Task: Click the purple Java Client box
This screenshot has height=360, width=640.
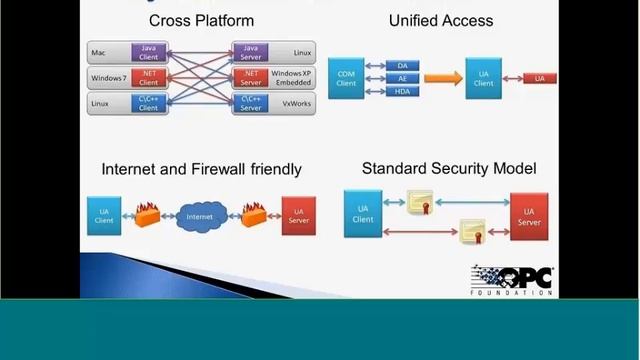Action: click(x=148, y=50)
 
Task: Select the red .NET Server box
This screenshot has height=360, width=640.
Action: click(x=250, y=77)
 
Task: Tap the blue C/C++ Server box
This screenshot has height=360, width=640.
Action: click(x=250, y=103)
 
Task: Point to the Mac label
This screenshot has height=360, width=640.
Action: click(x=99, y=51)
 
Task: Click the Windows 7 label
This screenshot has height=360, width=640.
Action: click(x=108, y=77)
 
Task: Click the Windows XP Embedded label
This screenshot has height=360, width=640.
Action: click(x=292, y=77)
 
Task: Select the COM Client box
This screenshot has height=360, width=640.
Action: click(x=345, y=78)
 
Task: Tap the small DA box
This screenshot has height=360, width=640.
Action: click(x=402, y=65)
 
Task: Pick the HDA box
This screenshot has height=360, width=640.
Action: click(x=402, y=91)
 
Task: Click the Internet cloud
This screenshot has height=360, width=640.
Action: click(x=200, y=215)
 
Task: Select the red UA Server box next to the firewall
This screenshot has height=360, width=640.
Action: click(x=297, y=214)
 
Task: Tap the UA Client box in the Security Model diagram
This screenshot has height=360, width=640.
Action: click(x=363, y=213)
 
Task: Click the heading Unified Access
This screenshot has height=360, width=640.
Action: click(x=441, y=20)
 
